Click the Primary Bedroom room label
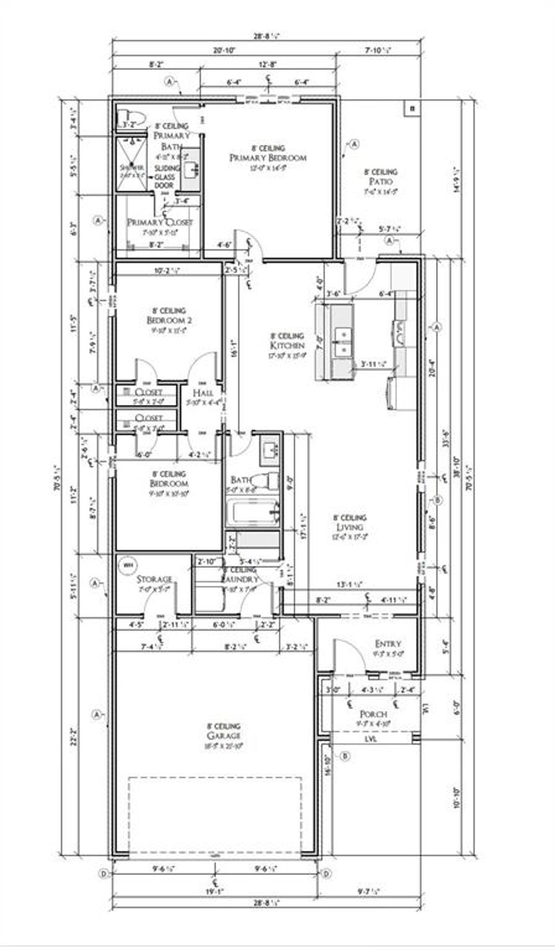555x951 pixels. (268, 158)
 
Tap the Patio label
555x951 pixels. (380, 182)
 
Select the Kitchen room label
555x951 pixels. (287, 345)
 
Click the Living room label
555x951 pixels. (350, 527)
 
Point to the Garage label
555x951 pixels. (223, 735)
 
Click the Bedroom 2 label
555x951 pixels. (169, 320)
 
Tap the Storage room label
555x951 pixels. (154, 579)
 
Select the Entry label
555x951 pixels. (388, 644)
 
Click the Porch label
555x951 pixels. (373, 714)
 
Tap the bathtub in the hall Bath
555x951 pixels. (253, 513)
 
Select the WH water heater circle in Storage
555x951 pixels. (128, 565)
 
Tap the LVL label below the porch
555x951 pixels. (371, 739)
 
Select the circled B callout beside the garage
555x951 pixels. (345, 756)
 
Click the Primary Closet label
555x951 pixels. (159, 222)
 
